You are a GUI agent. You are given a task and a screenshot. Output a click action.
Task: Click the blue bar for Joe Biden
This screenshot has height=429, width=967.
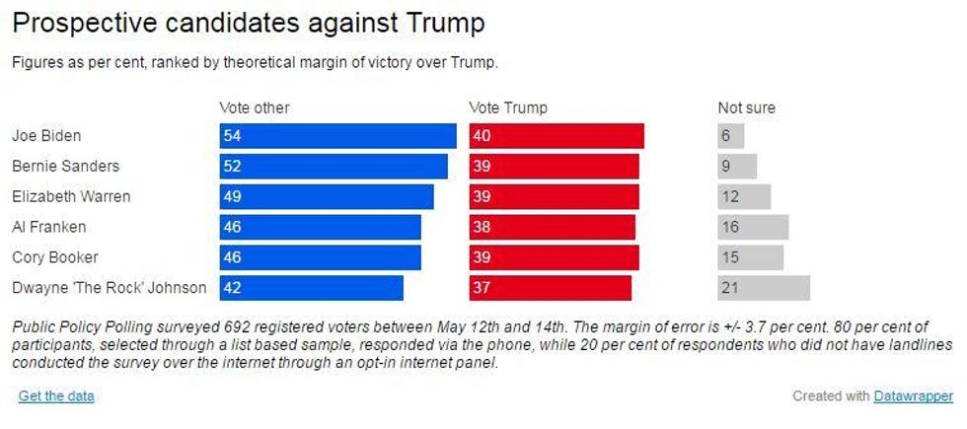[x=337, y=136]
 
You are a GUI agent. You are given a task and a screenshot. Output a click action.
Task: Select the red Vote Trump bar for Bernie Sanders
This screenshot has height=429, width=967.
[x=554, y=167]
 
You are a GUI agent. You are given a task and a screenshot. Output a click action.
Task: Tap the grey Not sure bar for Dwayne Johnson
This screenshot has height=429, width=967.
[x=764, y=288]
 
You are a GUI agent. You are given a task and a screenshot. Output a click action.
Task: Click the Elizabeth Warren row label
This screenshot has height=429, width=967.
[x=71, y=196]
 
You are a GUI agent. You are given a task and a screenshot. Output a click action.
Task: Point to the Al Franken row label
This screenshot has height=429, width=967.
[x=49, y=227]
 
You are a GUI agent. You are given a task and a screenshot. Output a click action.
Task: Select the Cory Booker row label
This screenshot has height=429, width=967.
[x=54, y=257]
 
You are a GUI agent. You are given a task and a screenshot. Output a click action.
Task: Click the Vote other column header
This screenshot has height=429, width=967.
[x=255, y=107]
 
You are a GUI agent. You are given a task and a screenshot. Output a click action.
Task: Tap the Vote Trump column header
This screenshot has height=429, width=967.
[x=508, y=107]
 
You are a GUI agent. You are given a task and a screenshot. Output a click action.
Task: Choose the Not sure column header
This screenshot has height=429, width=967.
[x=747, y=107]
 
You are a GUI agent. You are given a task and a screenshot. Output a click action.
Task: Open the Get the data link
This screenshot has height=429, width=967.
[x=56, y=396]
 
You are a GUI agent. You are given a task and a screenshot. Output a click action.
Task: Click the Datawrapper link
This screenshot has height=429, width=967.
[x=914, y=396]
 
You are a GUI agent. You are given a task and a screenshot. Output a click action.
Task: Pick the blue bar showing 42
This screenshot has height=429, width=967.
[x=311, y=288]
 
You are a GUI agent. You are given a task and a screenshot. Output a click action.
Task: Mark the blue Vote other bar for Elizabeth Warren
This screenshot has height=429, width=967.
[x=327, y=196]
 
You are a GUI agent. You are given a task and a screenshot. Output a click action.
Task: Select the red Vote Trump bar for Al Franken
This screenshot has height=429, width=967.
[x=552, y=227]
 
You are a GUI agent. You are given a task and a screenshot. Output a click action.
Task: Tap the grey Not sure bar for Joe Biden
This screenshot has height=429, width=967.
[x=731, y=136]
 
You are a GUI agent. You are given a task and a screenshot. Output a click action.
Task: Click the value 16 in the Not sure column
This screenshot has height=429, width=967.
[x=730, y=227]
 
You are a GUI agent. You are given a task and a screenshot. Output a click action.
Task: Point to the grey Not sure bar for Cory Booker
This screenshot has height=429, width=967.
[x=751, y=257]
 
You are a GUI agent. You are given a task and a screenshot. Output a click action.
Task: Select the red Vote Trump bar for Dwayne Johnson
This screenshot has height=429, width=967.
[x=550, y=288]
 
